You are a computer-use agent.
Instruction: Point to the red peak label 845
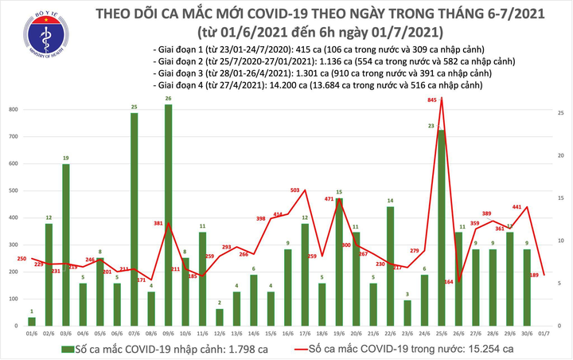pos(431,100)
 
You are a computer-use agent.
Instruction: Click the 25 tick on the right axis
pos(560,114)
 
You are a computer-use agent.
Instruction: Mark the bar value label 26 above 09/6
pos(169,99)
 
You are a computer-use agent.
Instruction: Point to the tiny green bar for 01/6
pos(32,322)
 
